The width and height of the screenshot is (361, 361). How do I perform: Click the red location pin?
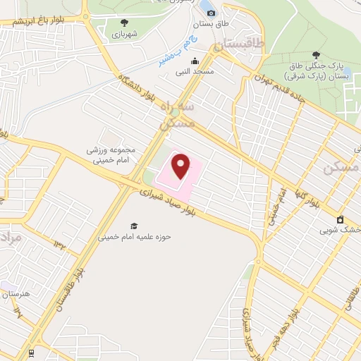(x=181, y=166)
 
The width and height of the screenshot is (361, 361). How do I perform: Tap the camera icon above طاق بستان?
(x=211, y=13)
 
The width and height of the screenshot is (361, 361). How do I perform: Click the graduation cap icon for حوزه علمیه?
(x=133, y=226)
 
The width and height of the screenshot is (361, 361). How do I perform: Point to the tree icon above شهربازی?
(x=125, y=23)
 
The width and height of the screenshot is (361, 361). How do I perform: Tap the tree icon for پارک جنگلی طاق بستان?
(x=315, y=54)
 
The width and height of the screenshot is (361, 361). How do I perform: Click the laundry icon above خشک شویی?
(x=340, y=219)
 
